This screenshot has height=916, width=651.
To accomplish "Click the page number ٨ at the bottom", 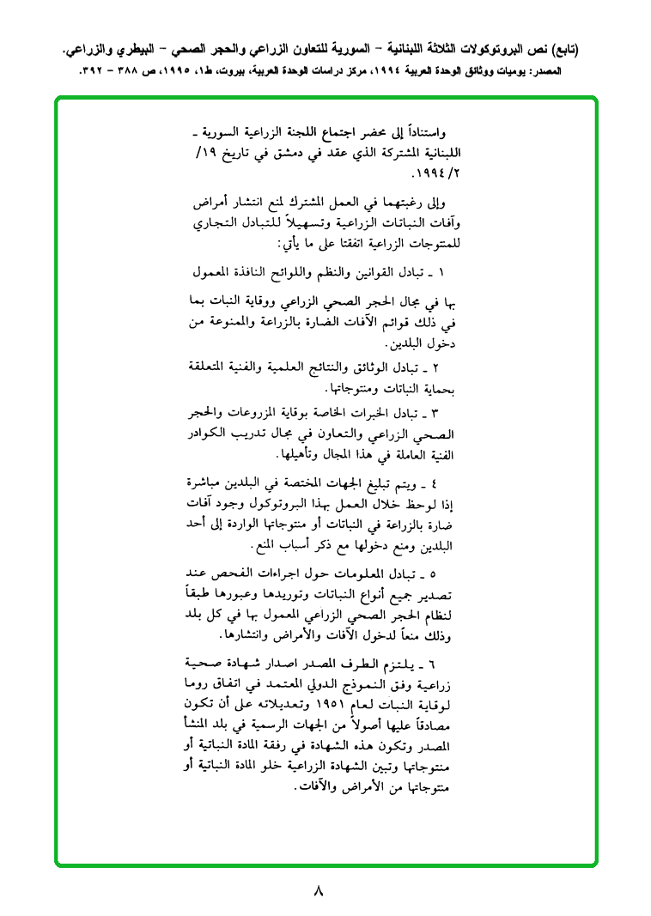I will [x=318, y=890].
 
